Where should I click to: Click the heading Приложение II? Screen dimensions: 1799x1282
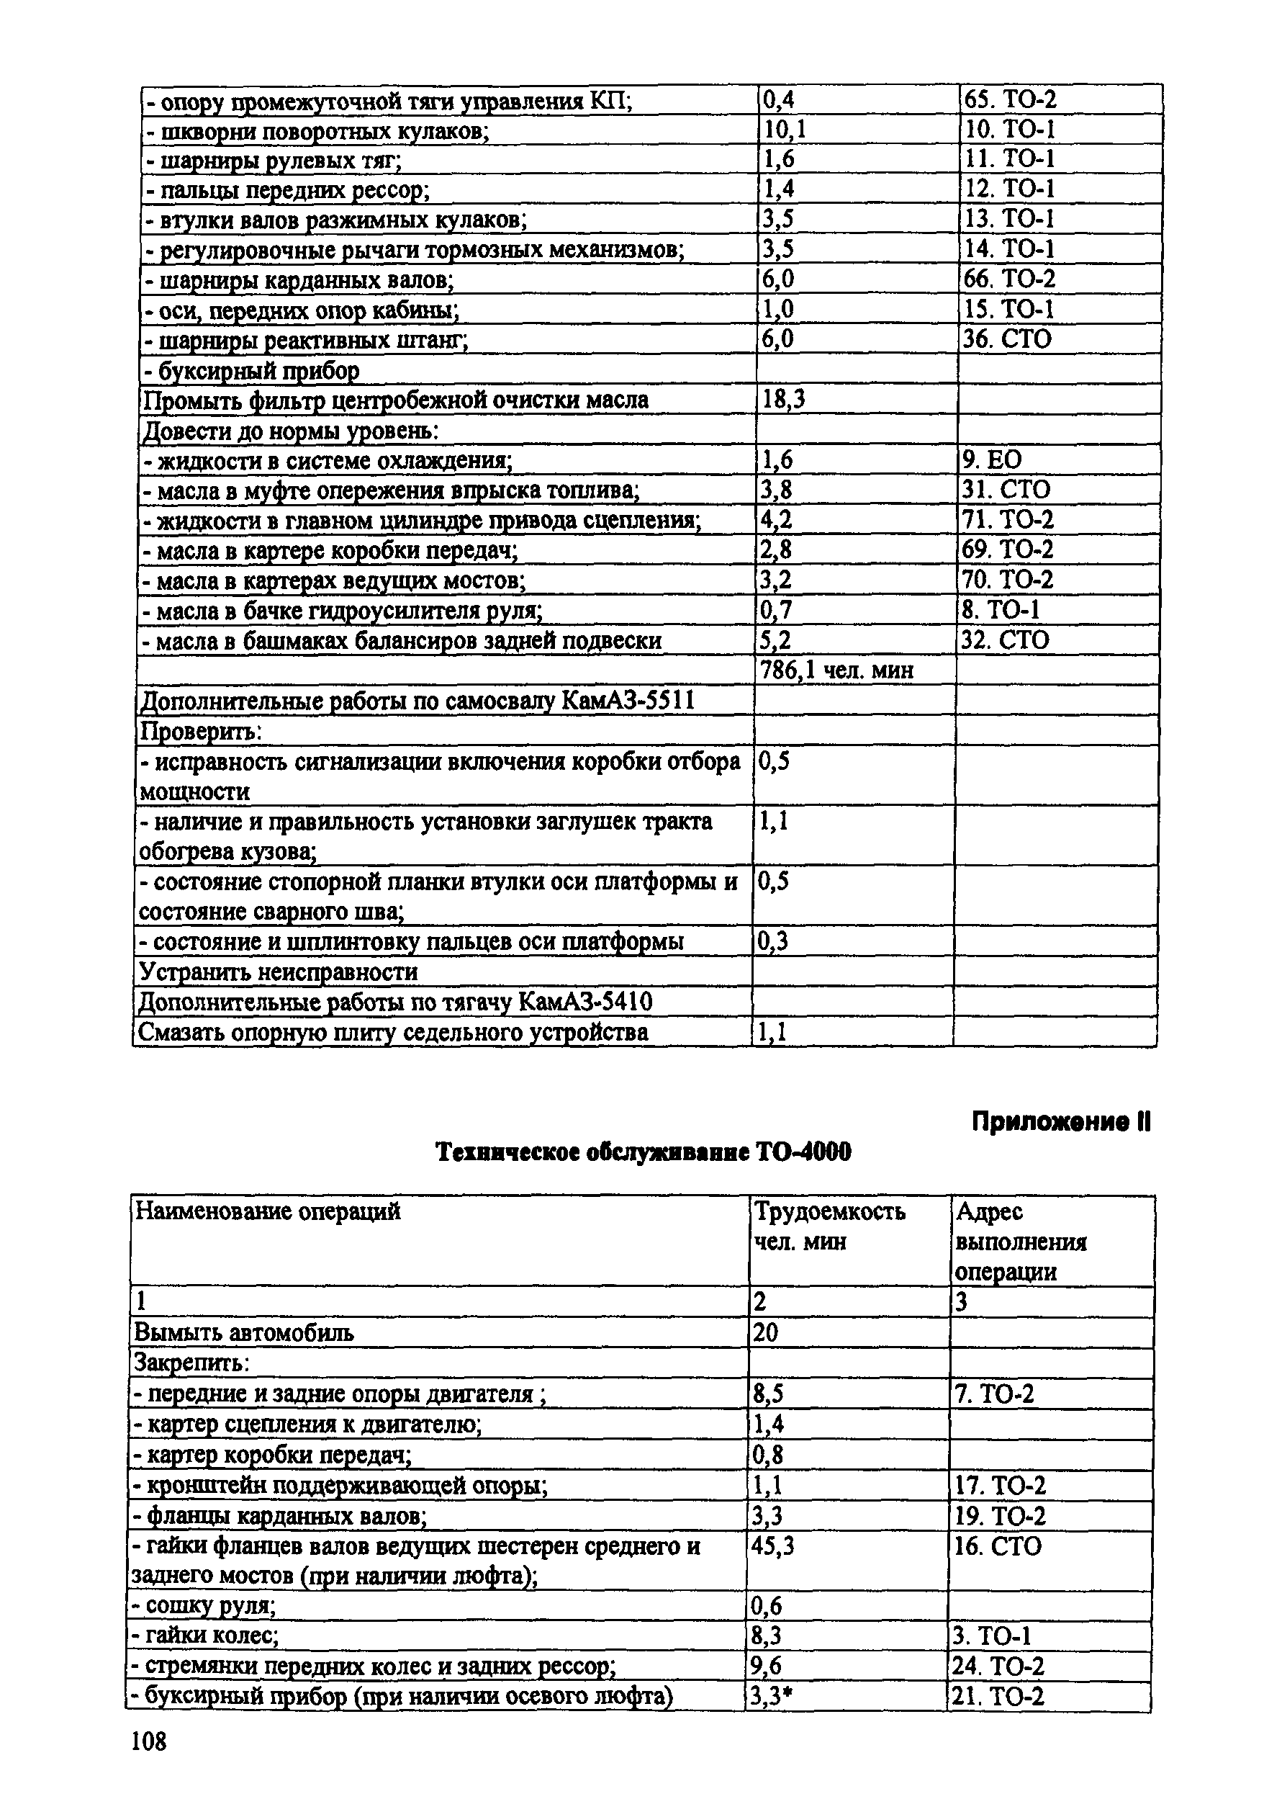click(x=1061, y=1122)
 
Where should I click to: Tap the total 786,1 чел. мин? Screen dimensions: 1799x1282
click(x=836, y=670)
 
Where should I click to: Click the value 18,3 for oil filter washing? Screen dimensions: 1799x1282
click(x=783, y=400)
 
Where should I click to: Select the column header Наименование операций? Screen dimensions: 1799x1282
click(x=268, y=1211)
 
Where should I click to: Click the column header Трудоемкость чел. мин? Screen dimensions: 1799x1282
click(x=829, y=1226)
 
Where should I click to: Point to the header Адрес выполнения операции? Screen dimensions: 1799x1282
click(x=1021, y=1242)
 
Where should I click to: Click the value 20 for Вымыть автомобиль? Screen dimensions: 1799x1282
click(x=766, y=1333)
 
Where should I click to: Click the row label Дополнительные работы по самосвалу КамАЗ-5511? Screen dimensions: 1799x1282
click(x=417, y=701)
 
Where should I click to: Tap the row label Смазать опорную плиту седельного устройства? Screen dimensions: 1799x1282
click(x=393, y=1032)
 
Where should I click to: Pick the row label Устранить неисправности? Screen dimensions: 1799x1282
click(x=279, y=972)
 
